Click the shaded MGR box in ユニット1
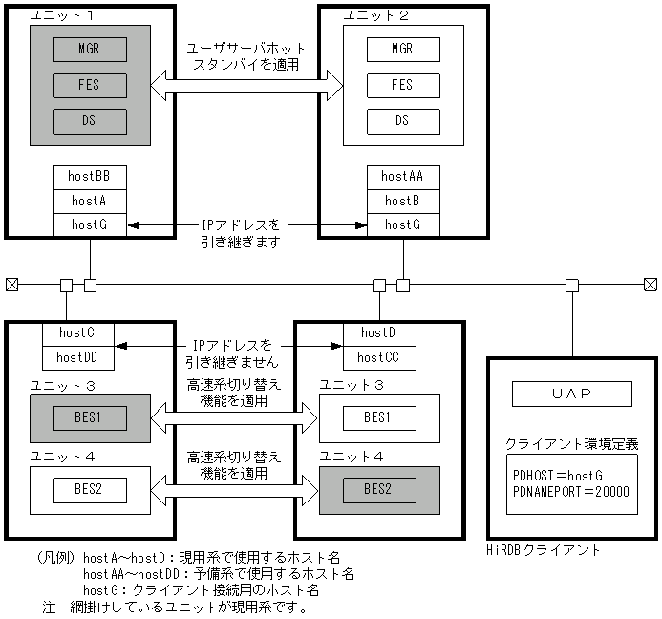[90, 49]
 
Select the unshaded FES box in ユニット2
[403, 85]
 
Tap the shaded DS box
[90, 121]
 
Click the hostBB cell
[90, 177]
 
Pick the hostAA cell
[403, 177]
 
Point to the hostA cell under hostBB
[90, 201]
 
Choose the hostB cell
[403, 201]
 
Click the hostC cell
[78, 333]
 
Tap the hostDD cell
[78, 357]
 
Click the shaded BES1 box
[90, 417]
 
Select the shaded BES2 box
[379, 490]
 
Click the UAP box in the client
[571, 394]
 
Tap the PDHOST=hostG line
[558, 476]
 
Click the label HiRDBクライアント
[544, 550]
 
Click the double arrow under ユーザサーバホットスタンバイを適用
[246, 87]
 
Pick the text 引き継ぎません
[232, 362]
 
